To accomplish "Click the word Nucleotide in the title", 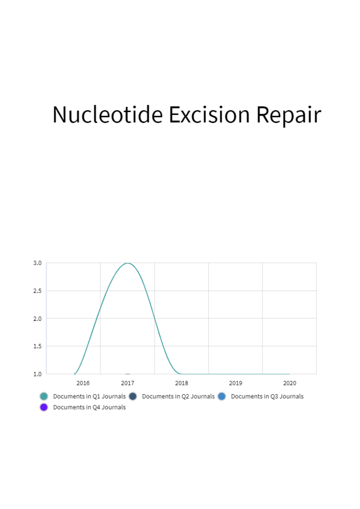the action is click(x=108, y=114).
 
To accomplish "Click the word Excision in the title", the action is click(x=209, y=114).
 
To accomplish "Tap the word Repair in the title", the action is click(x=289, y=116).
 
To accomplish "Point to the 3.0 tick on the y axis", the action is click(x=37, y=263).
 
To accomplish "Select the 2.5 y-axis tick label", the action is click(x=37, y=291).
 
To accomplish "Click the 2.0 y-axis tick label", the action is click(x=37, y=319).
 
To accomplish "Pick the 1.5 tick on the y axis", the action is click(x=37, y=346).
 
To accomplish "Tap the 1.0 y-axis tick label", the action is click(x=37, y=374).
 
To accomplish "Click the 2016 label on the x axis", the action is click(x=83, y=383).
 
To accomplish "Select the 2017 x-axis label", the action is click(x=127, y=383).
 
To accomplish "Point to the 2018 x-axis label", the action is click(x=181, y=383).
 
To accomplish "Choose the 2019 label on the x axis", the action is click(x=235, y=383).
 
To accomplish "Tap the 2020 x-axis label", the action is click(x=289, y=383).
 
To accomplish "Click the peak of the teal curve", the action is click(x=128, y=263).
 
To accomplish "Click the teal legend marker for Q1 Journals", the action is click(x=44, y=396).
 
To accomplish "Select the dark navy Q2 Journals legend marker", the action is click(x=133, y=396).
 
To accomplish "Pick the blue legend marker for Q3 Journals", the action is click(x=222, y=396).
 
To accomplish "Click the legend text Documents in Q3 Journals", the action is click(x=267, y=396).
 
